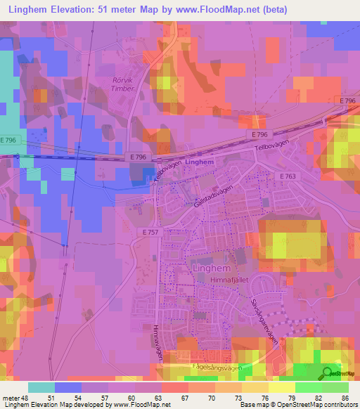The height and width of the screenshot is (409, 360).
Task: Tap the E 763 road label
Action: (x=288, y=176)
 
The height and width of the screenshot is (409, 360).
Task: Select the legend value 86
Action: (x=345, y=397)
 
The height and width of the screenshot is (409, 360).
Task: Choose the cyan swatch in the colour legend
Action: (x=41, y=387)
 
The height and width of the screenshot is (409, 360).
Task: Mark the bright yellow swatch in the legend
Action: (x=281, y=387)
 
